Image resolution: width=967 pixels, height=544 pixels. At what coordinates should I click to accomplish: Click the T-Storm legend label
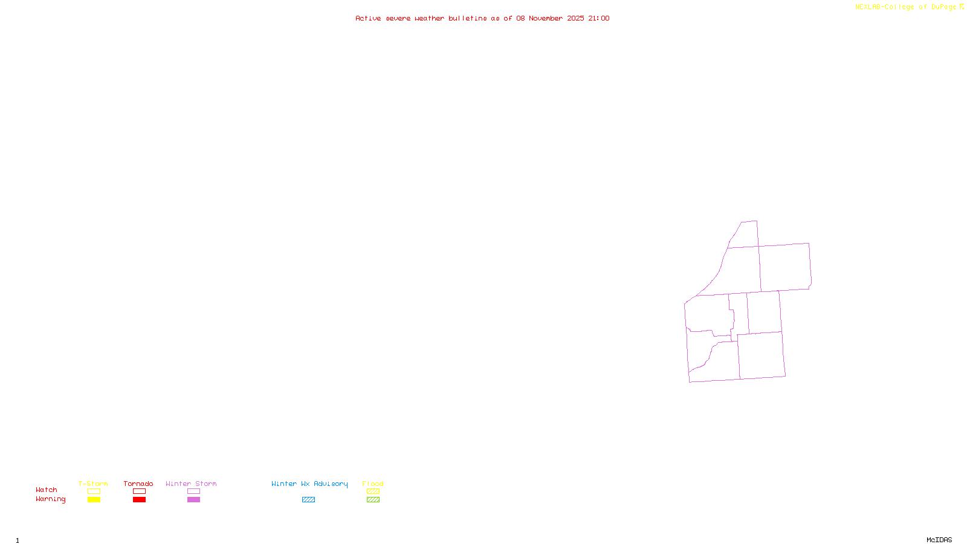(93, 484)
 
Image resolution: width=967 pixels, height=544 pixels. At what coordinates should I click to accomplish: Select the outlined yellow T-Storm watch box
(94, 491)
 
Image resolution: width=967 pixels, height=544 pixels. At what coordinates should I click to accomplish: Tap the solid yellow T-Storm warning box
(94, 500)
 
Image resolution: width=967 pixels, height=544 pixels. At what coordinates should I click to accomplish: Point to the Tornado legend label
(138, 484)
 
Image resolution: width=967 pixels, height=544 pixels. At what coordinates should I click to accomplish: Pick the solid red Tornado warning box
(139, 500)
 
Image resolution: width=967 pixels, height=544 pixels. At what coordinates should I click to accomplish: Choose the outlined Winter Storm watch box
(193, 491)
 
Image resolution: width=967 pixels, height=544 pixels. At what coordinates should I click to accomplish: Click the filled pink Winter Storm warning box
(193, 500)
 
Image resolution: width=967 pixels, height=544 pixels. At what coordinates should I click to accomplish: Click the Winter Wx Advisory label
(309, 484)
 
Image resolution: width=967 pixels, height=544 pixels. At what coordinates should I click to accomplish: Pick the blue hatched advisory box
(308, 500)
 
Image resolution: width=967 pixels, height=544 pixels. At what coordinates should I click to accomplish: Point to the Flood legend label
(373, 484)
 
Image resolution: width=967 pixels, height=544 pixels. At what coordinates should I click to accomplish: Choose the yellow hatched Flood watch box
(373, 491)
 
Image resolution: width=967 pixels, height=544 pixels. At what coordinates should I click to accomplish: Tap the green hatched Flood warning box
(373, 500)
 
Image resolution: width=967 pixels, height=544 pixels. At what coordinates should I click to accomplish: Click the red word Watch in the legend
(47, 490)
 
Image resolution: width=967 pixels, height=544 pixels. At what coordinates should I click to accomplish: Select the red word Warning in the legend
(51, 499)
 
